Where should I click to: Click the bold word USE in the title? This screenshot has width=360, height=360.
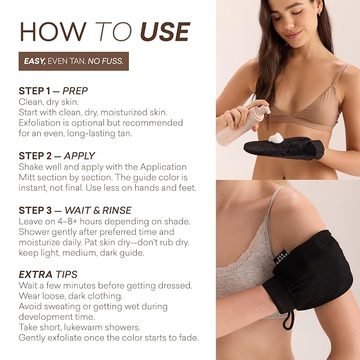(165, 32)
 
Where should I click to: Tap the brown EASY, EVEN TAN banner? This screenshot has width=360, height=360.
(74, 61)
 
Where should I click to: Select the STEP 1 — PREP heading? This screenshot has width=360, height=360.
(53, 91)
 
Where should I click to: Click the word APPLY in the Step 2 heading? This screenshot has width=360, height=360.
(80, 156)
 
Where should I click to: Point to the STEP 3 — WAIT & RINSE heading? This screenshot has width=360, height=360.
(75, 210)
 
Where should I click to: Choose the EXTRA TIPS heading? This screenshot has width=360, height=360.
(48, 274)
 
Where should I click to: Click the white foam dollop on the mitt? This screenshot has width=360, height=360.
(276, 138)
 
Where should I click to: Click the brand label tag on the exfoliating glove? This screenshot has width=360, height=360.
(282, 257)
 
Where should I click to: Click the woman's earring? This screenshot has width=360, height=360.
(319, 14)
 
